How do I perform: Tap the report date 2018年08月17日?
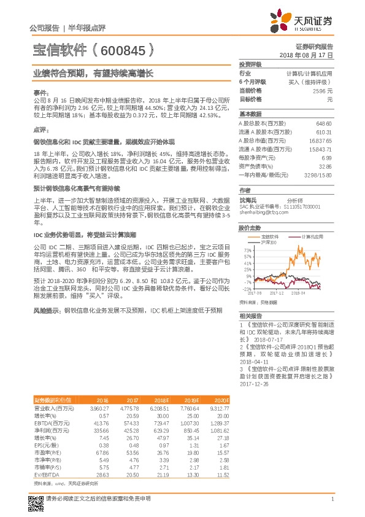pyautogui.click(x=307, y=55)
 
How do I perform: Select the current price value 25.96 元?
pyautogui.click(x=323, y=90)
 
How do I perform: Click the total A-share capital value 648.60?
pyautogui.click(x=323, y=123)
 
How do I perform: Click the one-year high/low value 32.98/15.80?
pyautogui.click(x=318, y=175)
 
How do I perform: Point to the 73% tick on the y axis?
pyautogui.click(x=247, y=251)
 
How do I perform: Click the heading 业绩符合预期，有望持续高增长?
pyautogui.click(x=93, y=72)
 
